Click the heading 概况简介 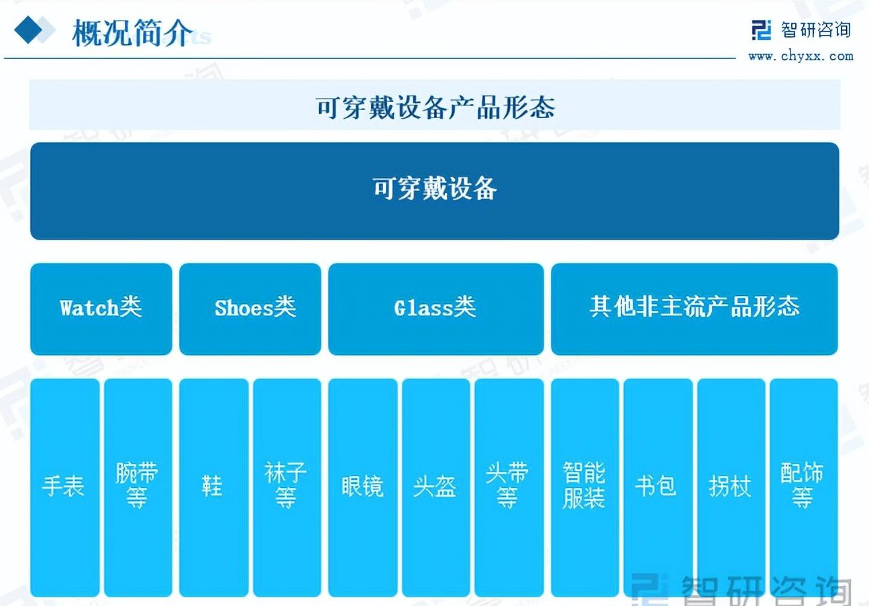point(132,33)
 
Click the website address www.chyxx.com point(801,56)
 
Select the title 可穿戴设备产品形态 point(435,107)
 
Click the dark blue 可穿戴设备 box point(435,191)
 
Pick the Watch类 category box point(101,309)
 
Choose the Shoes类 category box point(250,309)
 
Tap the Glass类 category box point(436,309)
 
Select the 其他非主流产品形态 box point(694,309)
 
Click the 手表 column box point(65,487)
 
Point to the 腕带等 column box point(138,487)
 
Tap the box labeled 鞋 point(214,487)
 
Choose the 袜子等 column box point(287,487)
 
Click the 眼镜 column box point(363,487)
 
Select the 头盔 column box point(436,487)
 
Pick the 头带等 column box point(509,487)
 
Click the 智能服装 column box point(584,487)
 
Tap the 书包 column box point(658,487)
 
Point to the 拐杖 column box point(731,487)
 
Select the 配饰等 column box point(804,487)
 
